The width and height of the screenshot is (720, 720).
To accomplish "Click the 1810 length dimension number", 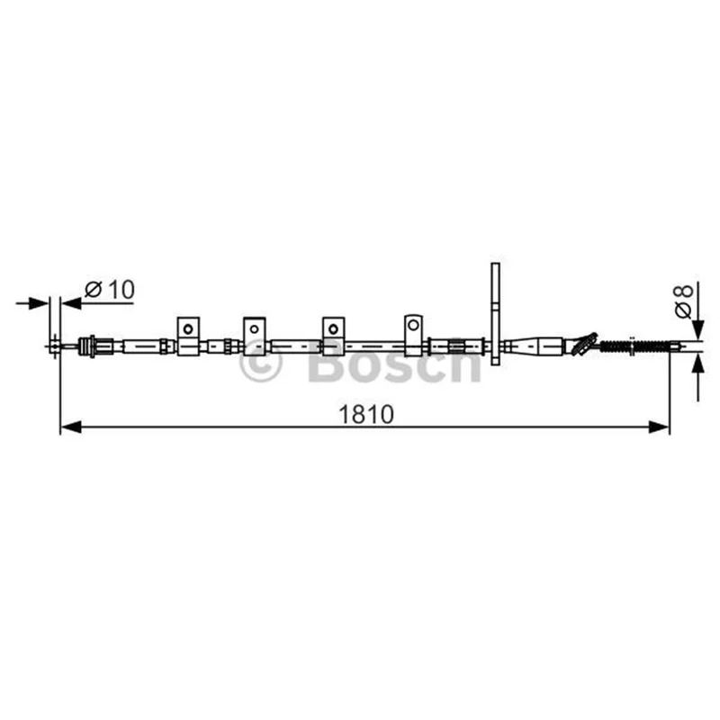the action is point(366,414).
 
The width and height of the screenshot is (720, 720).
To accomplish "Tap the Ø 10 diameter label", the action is point(110,289).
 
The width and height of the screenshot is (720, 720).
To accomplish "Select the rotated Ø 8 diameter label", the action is point(683,301).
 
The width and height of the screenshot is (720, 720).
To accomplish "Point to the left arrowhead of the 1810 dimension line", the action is point(71,427).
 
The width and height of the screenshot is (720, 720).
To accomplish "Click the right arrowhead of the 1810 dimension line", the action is point(659,427).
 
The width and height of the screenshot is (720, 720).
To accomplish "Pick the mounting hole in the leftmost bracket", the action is point(188,328).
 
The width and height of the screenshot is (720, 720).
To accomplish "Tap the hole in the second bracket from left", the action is point(254,328).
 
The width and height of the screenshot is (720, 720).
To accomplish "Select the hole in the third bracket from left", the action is point(333,328).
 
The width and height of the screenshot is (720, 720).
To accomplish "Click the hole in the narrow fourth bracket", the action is point(413,325).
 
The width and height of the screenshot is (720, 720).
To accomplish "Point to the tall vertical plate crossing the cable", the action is point(495,314).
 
